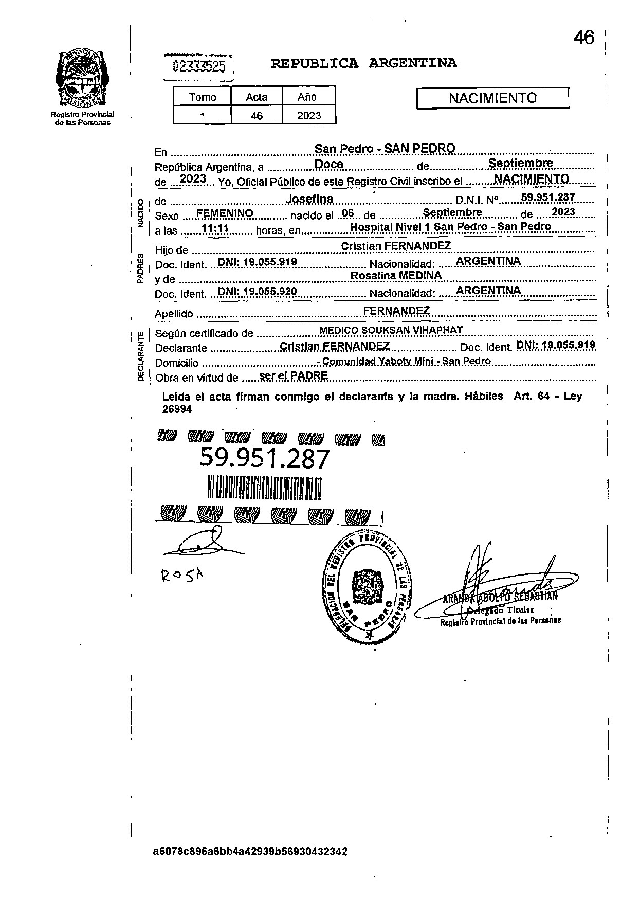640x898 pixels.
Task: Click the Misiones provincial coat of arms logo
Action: tap(82, 78)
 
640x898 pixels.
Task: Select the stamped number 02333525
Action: tap(199, 66)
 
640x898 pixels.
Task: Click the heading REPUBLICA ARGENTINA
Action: tap(363, 63)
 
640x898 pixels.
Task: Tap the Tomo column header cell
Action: tap(203, 97)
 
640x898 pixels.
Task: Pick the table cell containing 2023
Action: tap(308, 116)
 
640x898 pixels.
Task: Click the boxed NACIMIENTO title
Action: tap(492, 98)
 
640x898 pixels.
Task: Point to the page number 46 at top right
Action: tap(584, 38)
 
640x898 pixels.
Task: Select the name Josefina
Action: tap(309, 199)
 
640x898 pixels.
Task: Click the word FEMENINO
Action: tap(225, 213)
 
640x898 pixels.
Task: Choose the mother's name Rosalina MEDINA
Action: tap(396, 276)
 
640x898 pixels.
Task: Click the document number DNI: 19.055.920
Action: tap(257, 291)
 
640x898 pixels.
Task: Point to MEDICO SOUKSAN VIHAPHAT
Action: tap(391, 330)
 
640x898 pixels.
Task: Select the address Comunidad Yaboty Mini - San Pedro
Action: tap(406, 361)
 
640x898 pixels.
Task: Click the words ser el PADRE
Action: tap(294, 375)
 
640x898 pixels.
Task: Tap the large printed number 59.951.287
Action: tap(264, 458)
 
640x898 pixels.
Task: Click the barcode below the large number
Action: tap(265, 487)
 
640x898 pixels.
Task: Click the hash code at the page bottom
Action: tap(250, 851)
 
